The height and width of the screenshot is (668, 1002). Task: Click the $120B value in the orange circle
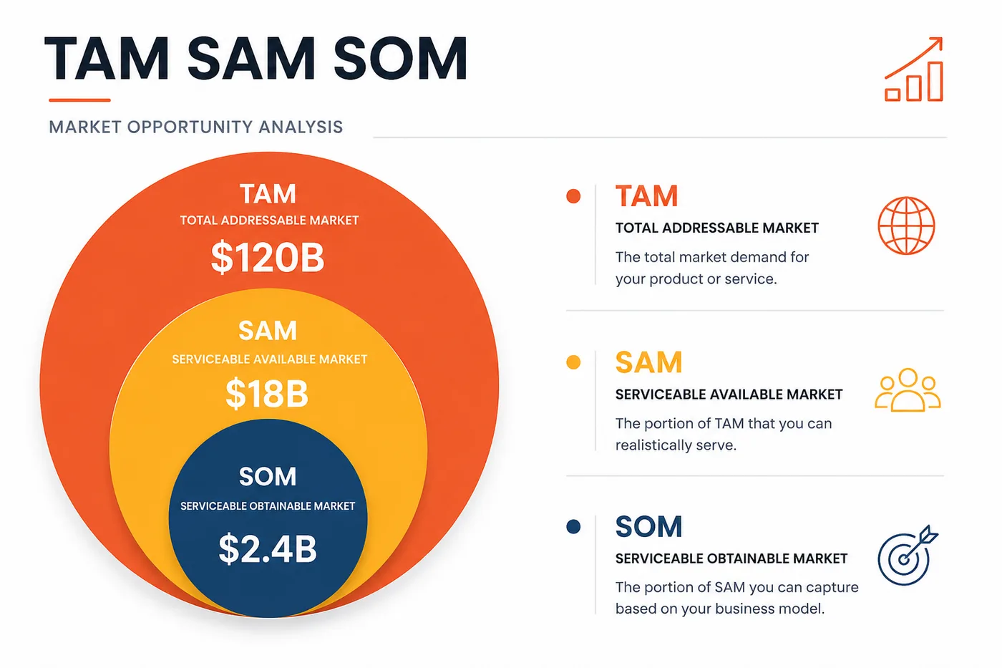268,257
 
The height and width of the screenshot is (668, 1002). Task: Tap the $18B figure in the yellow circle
267,393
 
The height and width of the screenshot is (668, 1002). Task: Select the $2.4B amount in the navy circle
268,548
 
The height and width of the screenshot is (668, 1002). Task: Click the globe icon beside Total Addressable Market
906,226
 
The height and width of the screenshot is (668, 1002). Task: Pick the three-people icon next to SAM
908,389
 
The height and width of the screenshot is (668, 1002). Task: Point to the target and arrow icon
908,556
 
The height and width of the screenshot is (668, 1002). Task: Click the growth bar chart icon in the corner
914,69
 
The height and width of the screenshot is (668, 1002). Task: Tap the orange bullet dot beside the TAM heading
573,196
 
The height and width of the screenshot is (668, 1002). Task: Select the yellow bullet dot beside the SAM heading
573,362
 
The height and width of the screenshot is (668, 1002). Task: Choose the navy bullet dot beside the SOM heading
573,527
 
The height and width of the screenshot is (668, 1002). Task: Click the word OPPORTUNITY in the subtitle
190,127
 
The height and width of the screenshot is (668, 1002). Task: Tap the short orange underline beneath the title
79,100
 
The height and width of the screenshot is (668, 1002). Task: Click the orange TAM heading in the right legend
647,196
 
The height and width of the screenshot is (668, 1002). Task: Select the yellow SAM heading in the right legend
648,362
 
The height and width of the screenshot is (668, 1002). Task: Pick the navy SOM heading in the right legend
648,527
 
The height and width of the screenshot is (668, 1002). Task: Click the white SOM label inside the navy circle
268,476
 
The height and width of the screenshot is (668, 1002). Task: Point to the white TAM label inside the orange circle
268,194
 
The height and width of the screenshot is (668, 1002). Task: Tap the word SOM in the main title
400,59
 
